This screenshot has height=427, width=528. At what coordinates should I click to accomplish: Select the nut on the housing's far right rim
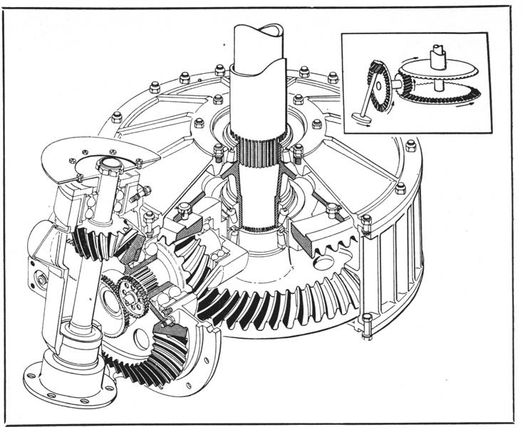click(x=410, y=147)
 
